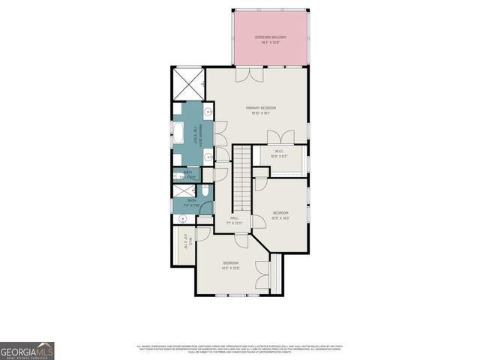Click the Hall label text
point(234,220)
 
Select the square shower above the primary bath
point(189,84)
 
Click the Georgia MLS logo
point(27,351)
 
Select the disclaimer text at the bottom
point(240,349)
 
